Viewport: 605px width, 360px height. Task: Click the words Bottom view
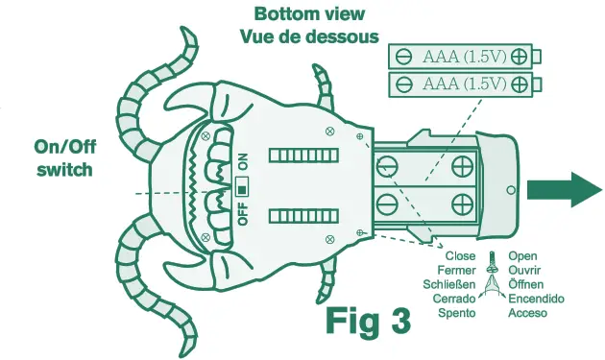[309, 14]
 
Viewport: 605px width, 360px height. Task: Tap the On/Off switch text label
[64, 158]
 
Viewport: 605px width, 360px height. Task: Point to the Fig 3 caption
[367, 322]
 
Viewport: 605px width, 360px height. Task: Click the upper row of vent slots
[302, 155]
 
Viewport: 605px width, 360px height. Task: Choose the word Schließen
[450, 285]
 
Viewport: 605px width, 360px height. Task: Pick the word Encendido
[537, 299]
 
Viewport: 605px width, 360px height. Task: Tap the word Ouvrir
[527, 271]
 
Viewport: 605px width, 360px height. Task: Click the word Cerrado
[454, 299]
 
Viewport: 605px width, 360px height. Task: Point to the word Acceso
[528, 313]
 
